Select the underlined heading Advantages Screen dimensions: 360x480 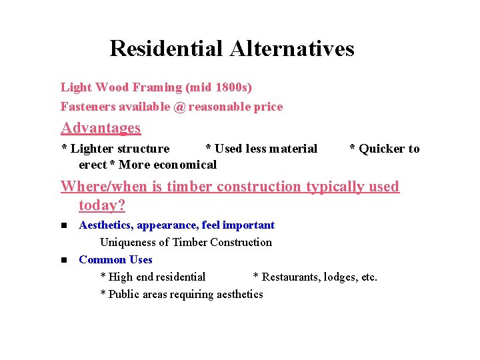101,127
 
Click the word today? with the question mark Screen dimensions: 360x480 102,205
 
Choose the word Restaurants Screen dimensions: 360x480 291,277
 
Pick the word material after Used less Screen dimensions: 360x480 294,149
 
